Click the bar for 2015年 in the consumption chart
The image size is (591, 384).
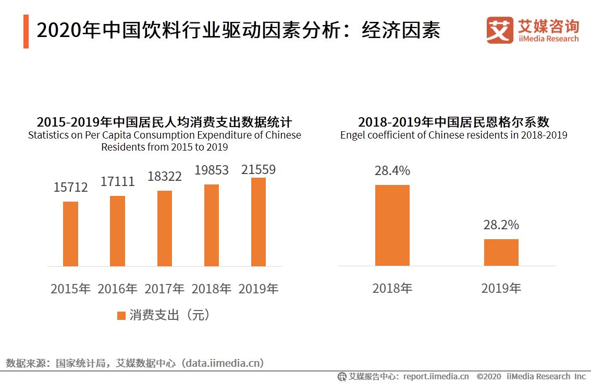coord(70,233)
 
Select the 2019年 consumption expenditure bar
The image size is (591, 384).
coord(258,222)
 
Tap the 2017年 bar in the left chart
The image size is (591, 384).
coord(164,228)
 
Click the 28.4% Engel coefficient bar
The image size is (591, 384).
coord(392,225)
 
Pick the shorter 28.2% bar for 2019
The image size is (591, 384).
coord(501,252)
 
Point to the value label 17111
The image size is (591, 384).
coord(117,181)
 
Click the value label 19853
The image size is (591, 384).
coord(211,170)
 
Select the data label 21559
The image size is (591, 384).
coord(258,169)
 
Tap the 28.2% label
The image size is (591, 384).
coord(501,225)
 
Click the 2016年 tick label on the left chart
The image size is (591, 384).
coord(117,289)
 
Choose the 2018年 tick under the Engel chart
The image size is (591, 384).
coord(392,288)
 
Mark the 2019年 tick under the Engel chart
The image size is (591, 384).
coord(501,288)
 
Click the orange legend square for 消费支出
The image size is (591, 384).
coord(121,315)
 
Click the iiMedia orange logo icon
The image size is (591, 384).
coord(499,30)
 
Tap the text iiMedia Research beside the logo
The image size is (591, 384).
coord(548,39)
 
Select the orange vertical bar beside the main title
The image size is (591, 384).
coord(26,32)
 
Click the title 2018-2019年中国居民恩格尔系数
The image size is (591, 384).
coord(453,122)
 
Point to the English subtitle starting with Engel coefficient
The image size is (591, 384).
coord(453,135)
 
